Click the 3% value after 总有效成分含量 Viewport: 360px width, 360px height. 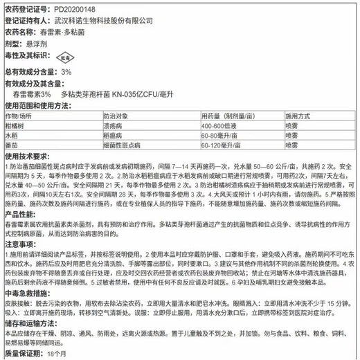point(66,71)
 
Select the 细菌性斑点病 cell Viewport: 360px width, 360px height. point(121,147)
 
